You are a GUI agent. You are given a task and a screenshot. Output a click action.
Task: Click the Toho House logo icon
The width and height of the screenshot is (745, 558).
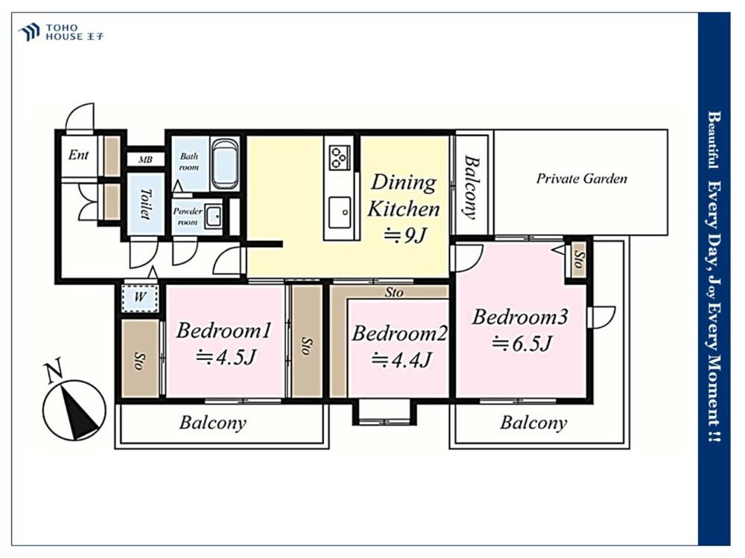click(x=28, y=32)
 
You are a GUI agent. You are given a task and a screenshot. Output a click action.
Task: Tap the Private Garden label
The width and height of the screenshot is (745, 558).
click(x=582, y=179)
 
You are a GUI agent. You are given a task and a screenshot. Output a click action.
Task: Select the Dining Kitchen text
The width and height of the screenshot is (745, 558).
click(x=403, y=196)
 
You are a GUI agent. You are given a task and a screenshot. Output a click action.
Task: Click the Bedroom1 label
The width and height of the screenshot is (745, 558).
click(x=223, y=330)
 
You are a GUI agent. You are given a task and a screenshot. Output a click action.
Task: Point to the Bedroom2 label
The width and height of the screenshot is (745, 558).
click(x=399, y=333)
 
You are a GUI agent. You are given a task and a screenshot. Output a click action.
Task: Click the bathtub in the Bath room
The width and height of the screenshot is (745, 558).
click(x=226, y=164)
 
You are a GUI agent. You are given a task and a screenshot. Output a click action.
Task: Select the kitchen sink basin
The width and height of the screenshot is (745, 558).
click(x=340, y=212)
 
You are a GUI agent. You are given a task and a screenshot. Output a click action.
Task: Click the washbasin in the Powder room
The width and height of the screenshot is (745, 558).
click(x=213, y=217)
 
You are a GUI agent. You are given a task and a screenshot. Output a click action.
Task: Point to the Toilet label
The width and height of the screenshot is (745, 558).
click(x=145, y=204)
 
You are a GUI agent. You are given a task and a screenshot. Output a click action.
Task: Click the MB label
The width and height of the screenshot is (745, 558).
click(x=145, y=159)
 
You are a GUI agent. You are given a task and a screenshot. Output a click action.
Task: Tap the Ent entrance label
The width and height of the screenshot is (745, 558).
click(x=78, y=155)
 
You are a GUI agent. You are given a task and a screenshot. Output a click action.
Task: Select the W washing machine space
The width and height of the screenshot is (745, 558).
click(x=140, y=298)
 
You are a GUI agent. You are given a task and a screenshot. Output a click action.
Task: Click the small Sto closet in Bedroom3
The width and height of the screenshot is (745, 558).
click(x=579, y=259)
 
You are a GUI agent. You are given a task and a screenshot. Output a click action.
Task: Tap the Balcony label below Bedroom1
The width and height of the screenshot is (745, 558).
click(x=213, y=423)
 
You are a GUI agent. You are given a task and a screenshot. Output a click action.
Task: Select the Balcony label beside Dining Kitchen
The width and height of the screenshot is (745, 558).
click(x=471, y=187)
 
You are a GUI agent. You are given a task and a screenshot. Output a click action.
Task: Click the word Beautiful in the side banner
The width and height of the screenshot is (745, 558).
click(x=712, y=140)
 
